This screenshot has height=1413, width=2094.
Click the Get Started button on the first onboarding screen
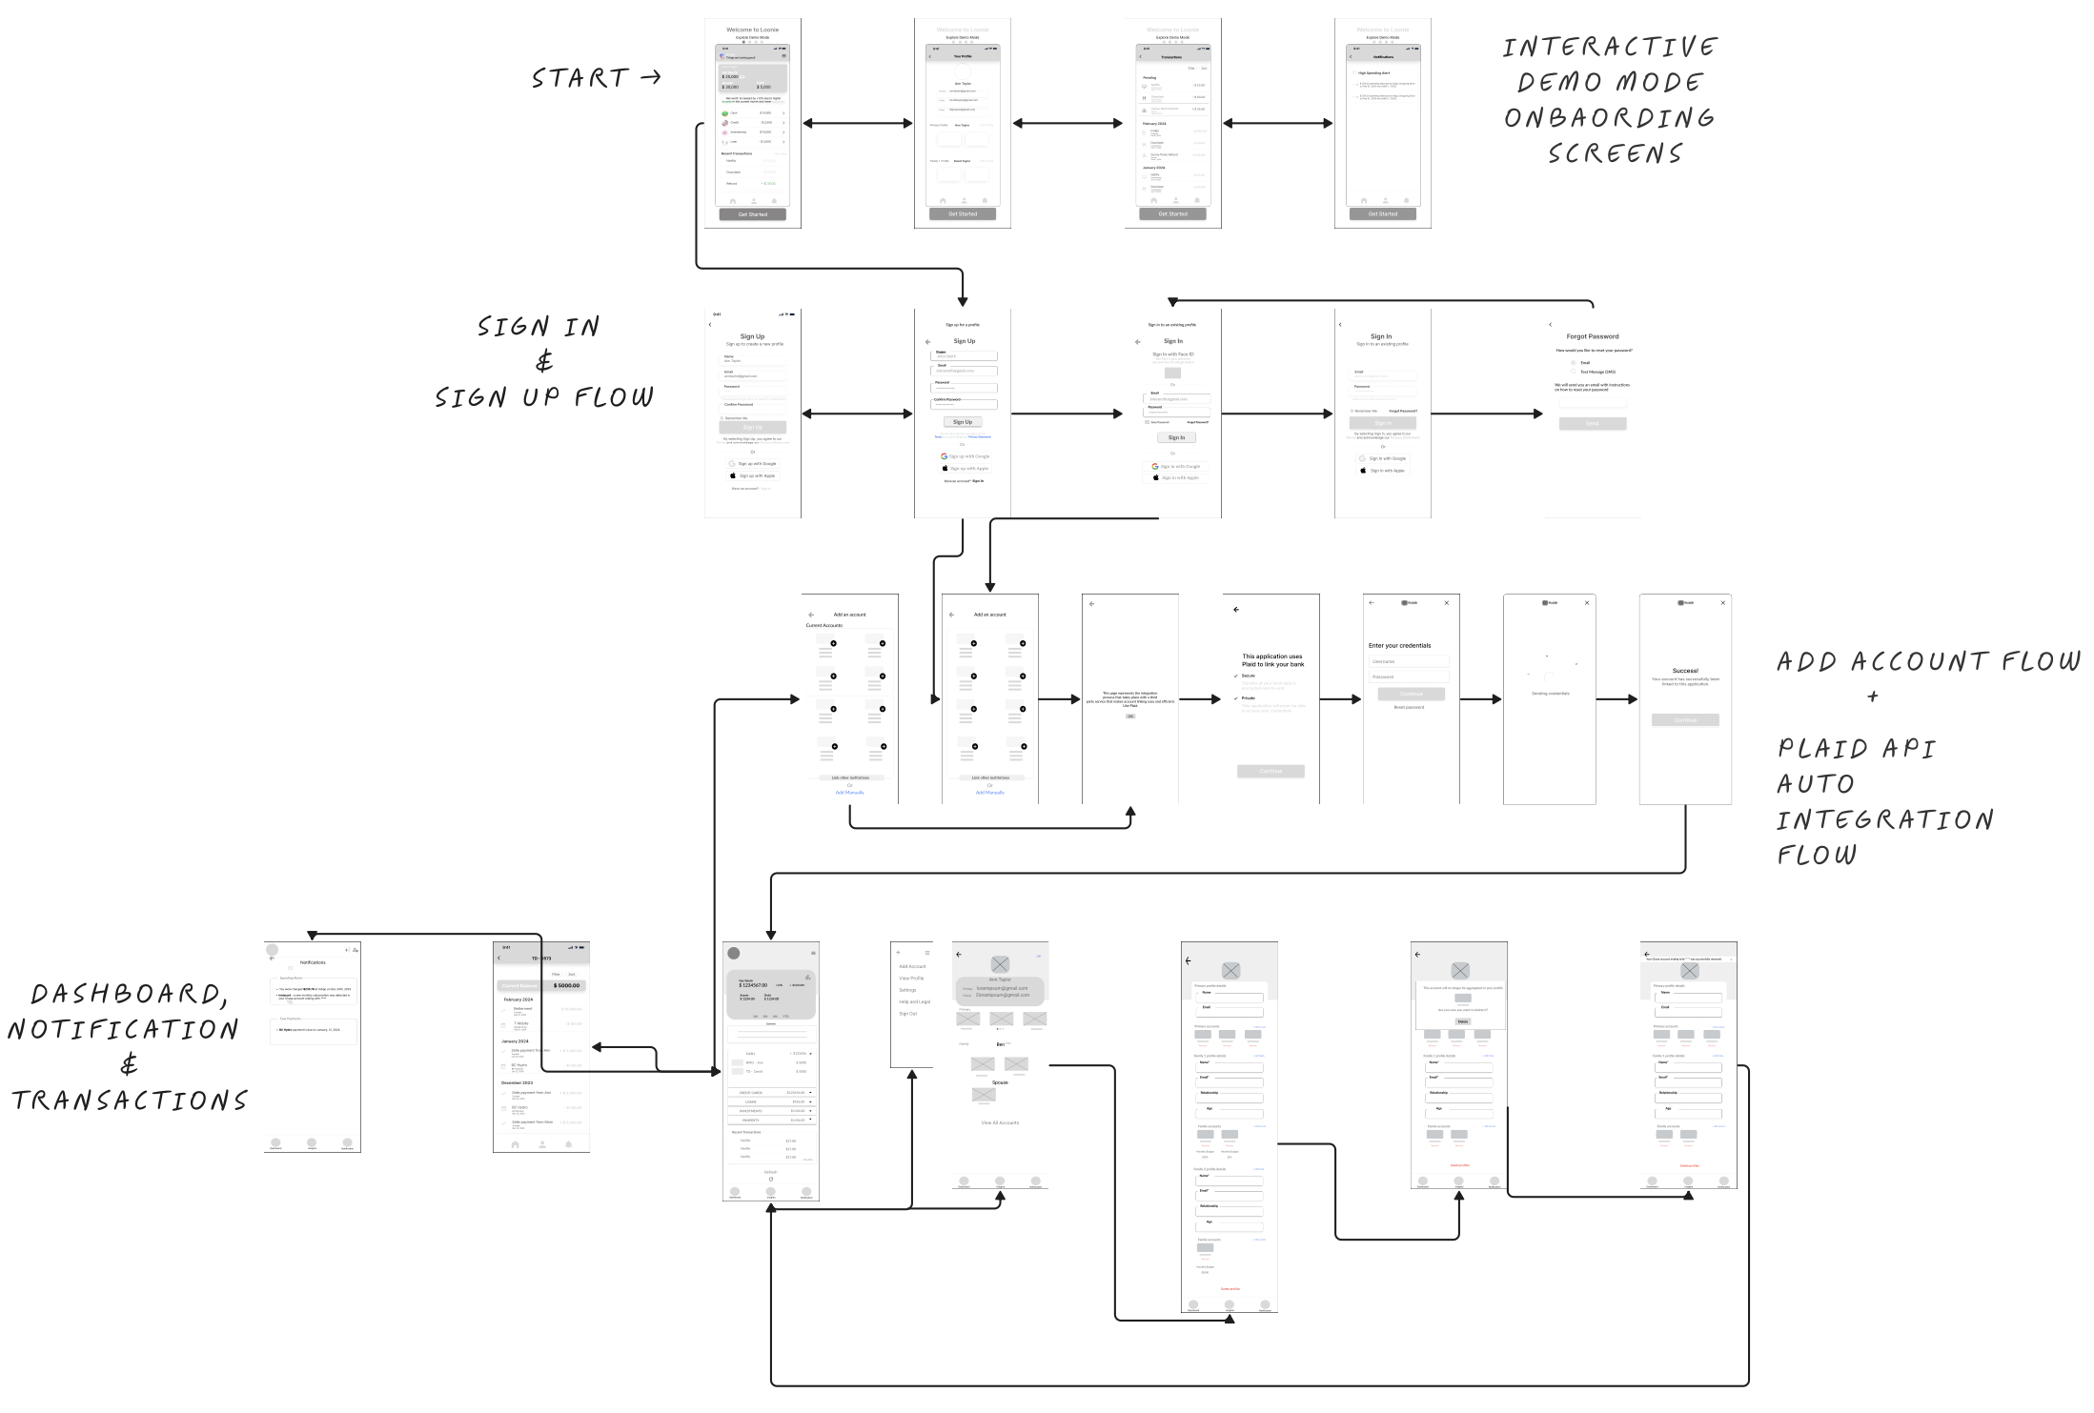[752, 214]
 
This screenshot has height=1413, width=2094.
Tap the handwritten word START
[580, 78]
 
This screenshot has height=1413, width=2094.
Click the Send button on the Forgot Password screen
[1592, 423]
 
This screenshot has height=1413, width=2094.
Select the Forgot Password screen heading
[1592, 336]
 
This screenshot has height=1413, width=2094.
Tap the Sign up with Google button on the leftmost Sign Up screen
[753, 464]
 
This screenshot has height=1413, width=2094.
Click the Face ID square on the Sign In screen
[1172, 373]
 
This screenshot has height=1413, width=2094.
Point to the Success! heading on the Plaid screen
[1685, 671]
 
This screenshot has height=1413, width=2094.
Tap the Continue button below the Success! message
[1685, 720]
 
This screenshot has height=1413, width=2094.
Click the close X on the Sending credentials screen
[1587, 603]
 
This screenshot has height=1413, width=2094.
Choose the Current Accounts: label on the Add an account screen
[824, 626]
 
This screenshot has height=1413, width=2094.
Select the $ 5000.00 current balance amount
[566, 985]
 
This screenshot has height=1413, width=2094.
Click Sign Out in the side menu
[908, 1014]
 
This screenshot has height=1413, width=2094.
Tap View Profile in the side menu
[911, 979]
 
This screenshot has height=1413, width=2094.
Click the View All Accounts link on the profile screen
[1000, 1122]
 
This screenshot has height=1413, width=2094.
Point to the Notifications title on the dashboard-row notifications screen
[313, 962]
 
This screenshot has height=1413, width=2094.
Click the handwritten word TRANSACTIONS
[130, 1101]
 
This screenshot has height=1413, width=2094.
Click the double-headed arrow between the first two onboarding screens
[858, 123]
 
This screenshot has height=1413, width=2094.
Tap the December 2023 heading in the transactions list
[517, 1083]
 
